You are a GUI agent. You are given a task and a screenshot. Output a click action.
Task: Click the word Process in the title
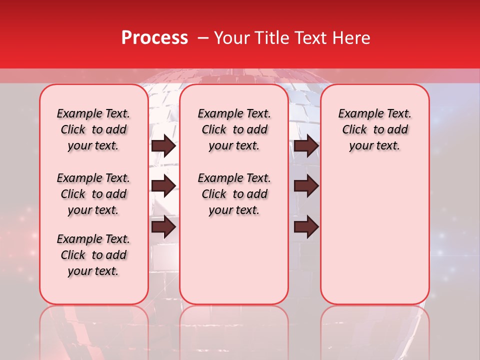tap(154, 38)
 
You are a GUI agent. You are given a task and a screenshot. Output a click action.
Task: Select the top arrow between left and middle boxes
tap(163, 146)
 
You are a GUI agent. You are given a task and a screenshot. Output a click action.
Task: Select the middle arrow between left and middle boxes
tap(163, 186)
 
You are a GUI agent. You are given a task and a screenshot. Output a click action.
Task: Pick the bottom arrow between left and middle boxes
tap(163, 226)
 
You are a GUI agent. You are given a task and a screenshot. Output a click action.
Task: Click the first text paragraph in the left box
tap(93, 129)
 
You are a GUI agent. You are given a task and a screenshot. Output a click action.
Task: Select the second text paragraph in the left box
tap(93, 194)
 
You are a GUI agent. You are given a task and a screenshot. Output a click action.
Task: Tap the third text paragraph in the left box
tap(93, 255)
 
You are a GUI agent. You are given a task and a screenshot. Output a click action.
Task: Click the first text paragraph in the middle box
tap(234, 129)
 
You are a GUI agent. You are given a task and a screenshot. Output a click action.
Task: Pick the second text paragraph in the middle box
tap(234, 194)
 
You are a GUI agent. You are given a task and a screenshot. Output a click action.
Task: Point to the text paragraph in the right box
tap(374, 129)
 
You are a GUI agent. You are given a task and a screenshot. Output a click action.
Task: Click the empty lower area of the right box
tap(374, 235)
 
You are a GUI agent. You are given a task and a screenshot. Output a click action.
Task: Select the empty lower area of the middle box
tap(234, 260)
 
